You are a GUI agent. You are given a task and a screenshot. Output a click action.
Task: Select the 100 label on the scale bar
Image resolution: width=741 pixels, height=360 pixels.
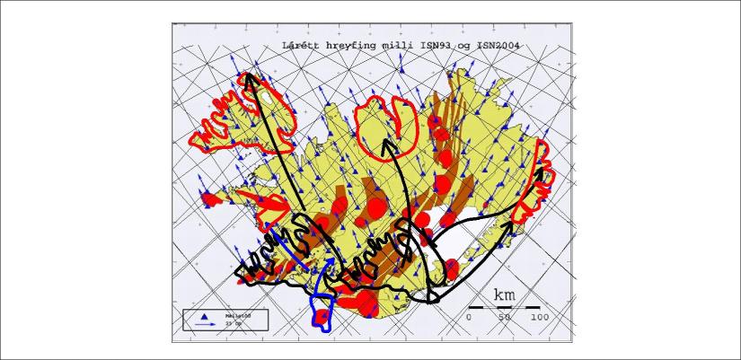539,317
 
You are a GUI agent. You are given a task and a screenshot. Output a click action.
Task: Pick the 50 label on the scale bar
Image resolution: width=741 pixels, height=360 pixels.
505,317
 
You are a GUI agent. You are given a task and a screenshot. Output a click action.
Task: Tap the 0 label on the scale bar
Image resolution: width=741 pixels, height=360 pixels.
469,317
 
